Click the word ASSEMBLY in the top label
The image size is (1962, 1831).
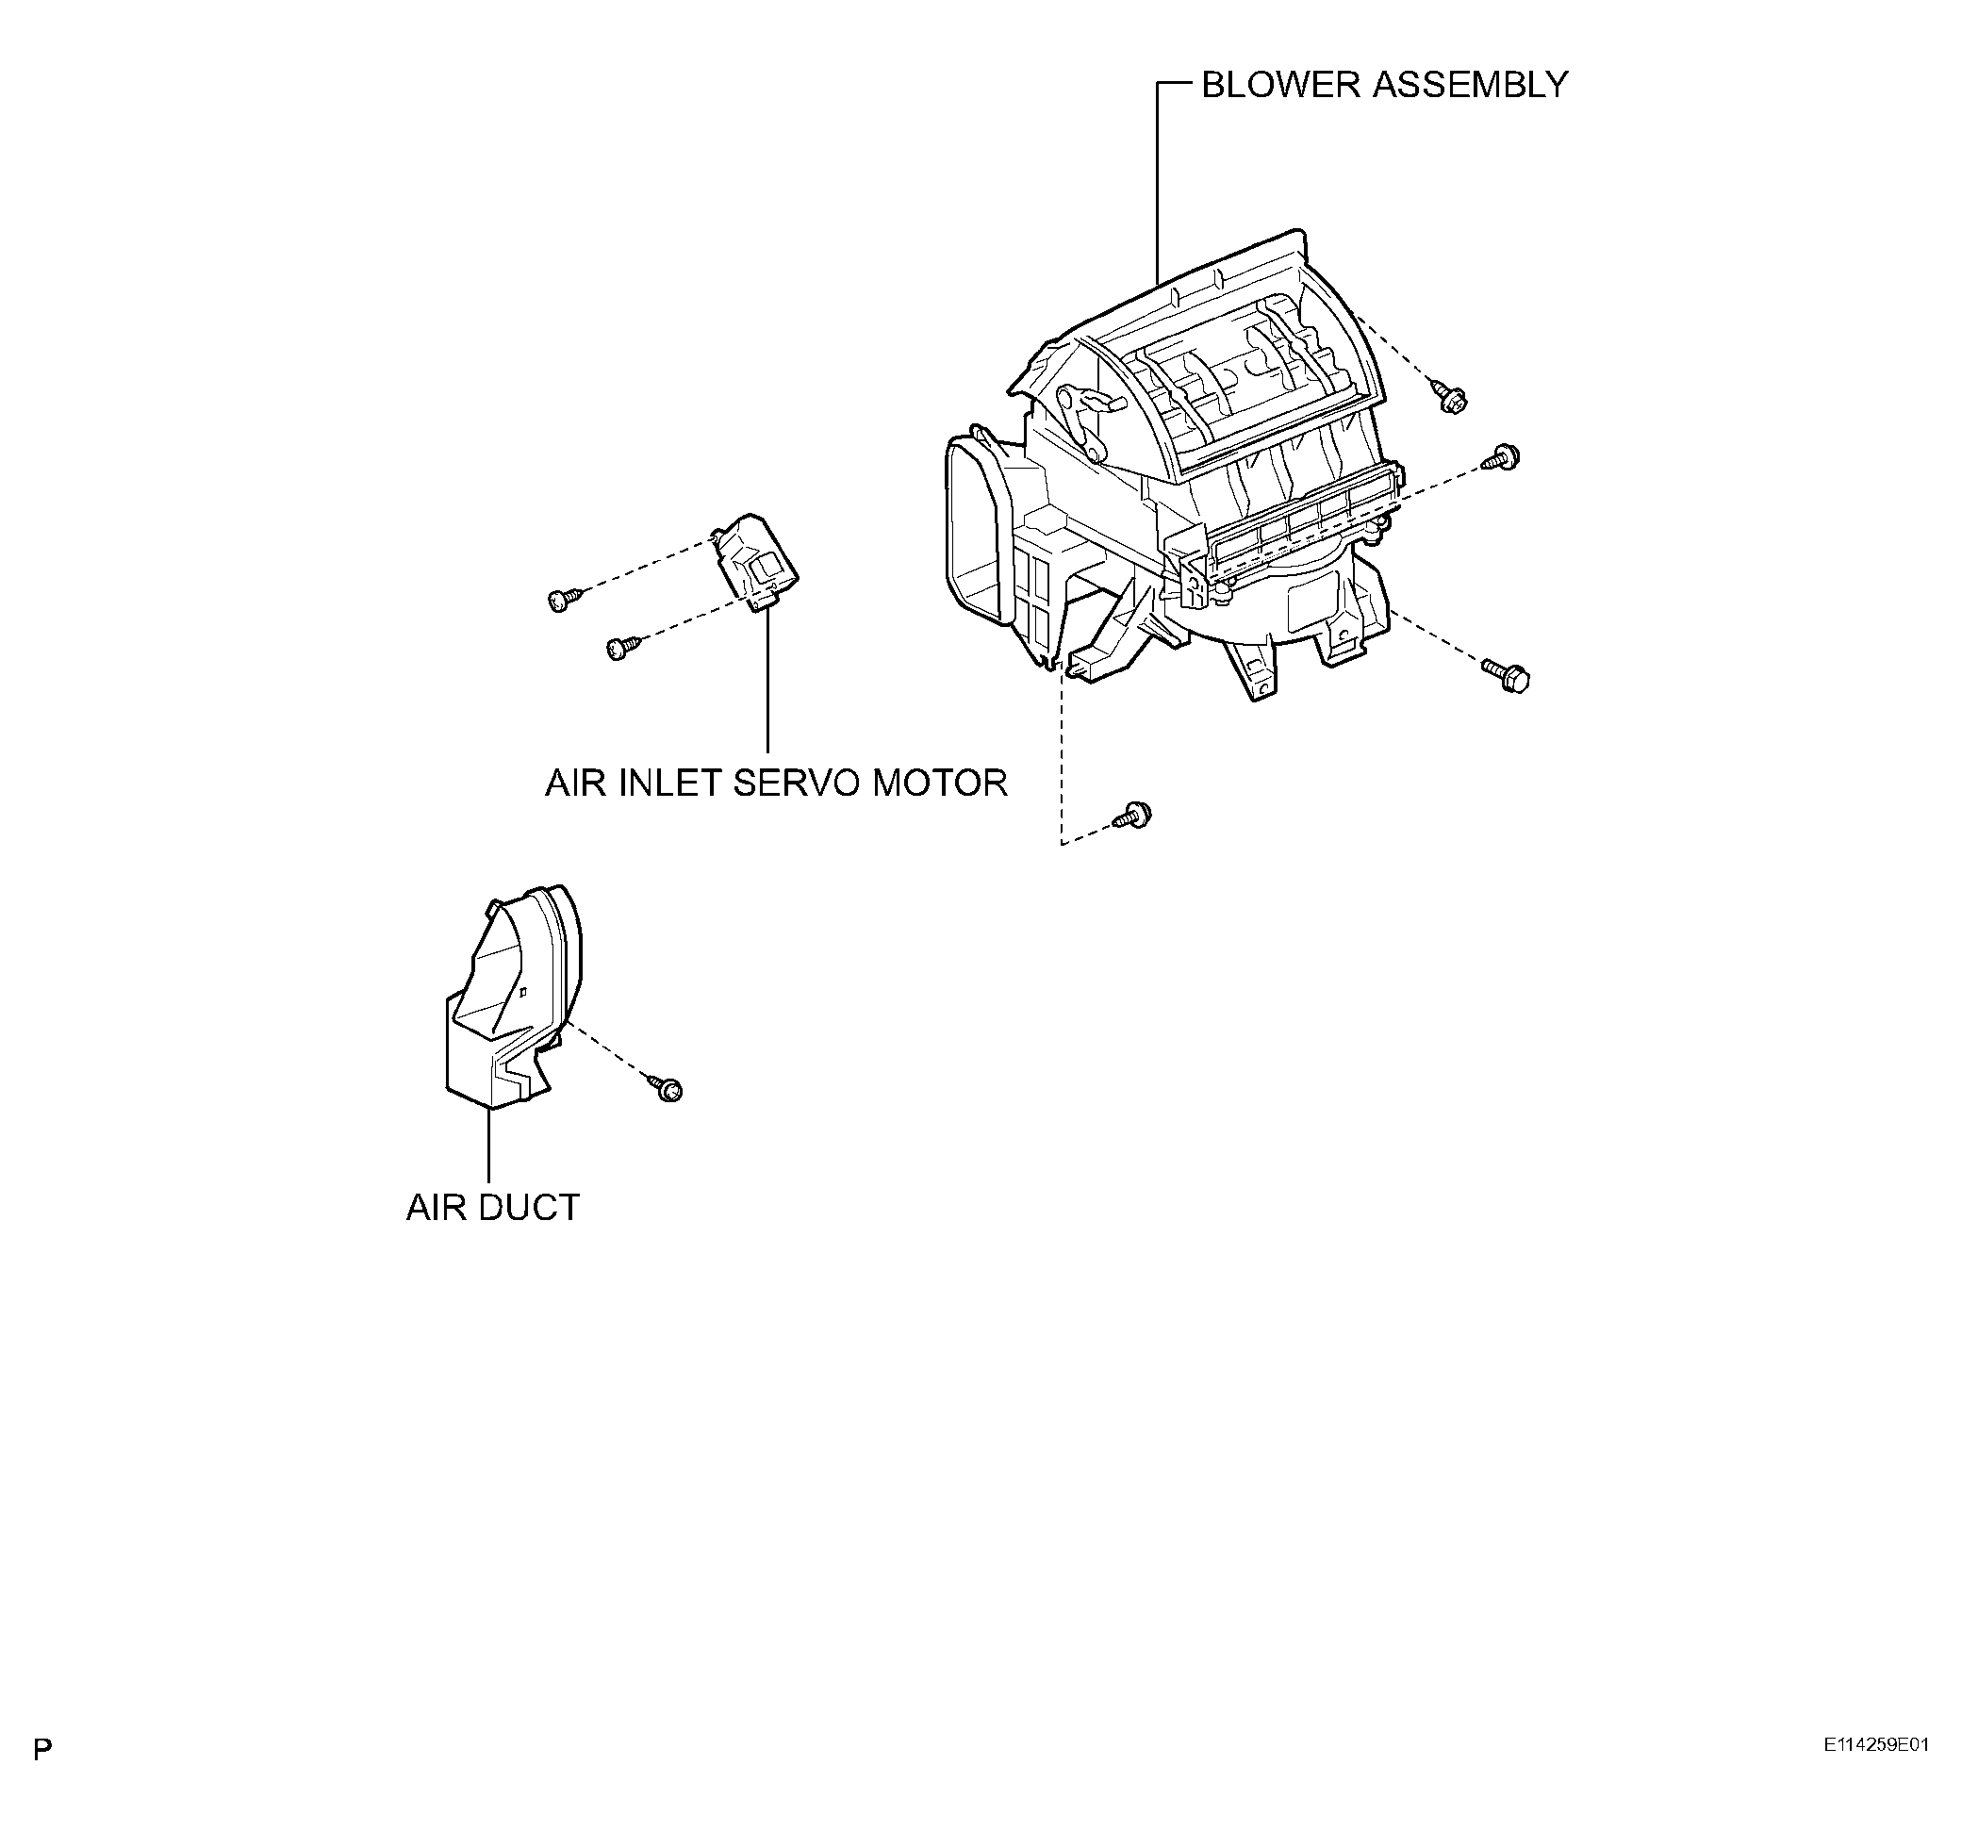point(1469,85)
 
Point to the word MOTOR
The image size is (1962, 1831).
point(940,783)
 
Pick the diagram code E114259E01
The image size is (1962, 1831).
point(1875,1744)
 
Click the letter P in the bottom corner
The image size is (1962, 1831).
point(42,1749)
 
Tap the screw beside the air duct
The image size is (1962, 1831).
point(668,1088)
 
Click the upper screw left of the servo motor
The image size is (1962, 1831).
point(562,598)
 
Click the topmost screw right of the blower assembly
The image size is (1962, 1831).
point(1451,400)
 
